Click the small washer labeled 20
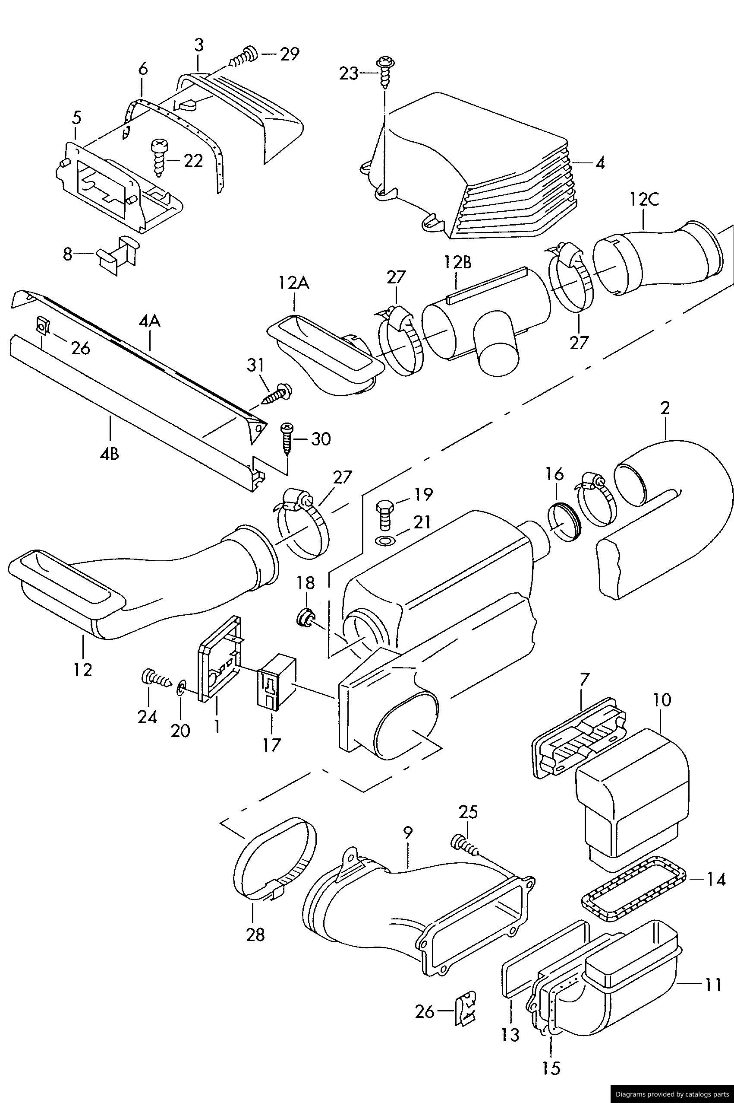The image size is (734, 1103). click(x=181, y=689)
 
